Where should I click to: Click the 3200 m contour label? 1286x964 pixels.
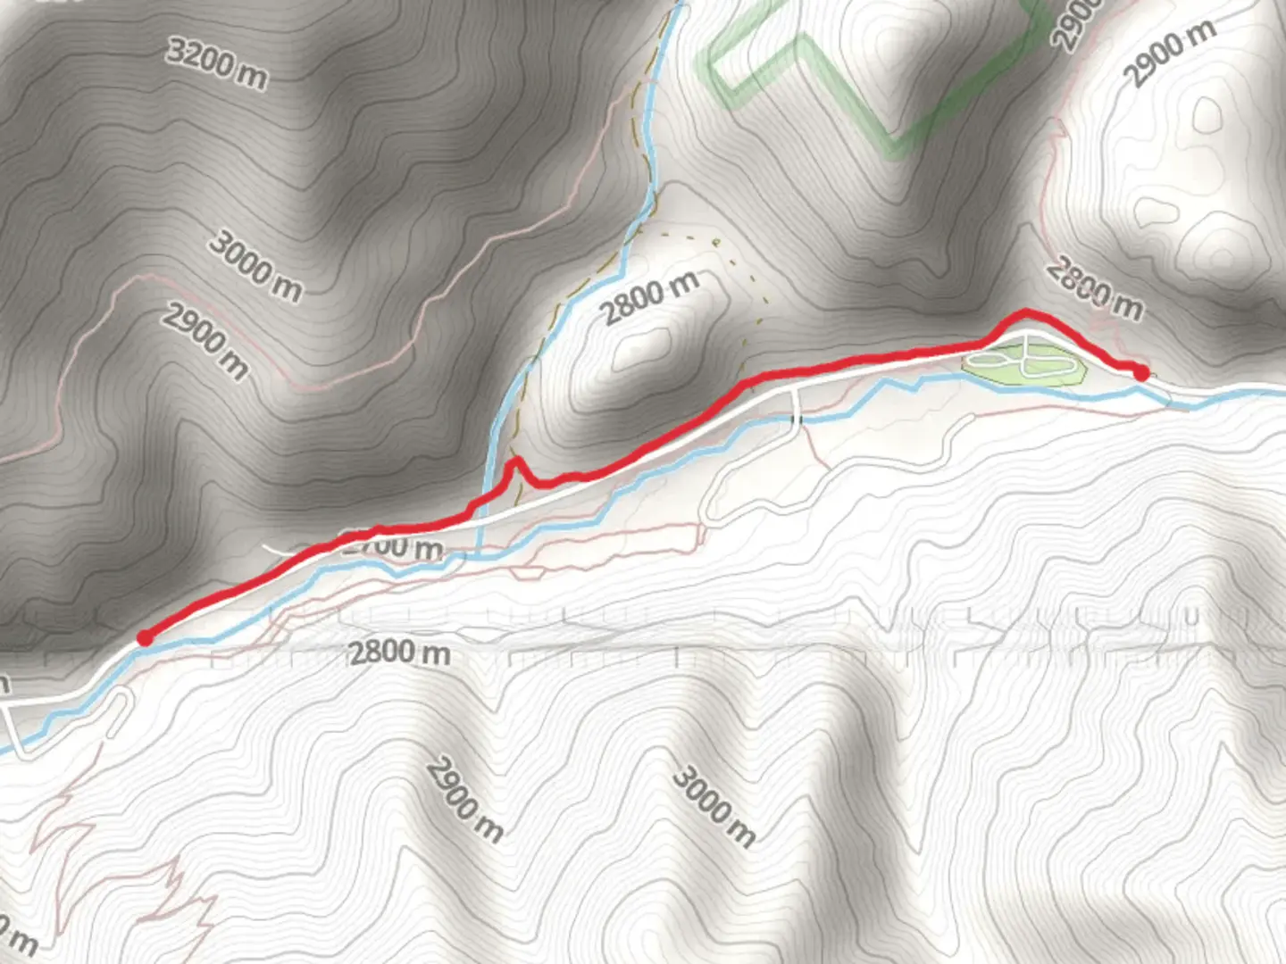[217, 63]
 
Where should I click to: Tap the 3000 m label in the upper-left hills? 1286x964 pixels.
[255, 265]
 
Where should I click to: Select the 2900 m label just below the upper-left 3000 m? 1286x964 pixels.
[205, 340]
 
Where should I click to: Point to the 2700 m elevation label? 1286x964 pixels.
[393, 546]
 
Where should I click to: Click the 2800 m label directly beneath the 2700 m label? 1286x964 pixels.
[399, 653]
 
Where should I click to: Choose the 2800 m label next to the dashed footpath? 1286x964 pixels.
[649, 298]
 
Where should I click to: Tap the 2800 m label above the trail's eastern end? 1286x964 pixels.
[1095, 287]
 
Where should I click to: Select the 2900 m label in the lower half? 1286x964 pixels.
[464, 800]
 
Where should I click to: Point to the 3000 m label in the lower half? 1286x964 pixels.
[714, 805]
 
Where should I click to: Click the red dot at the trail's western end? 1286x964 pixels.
[144, 637]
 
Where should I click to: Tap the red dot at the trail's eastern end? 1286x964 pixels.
[1140, 372]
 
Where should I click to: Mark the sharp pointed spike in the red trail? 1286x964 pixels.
[514, 461]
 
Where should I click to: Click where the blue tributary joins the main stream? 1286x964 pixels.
[480, 555]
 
